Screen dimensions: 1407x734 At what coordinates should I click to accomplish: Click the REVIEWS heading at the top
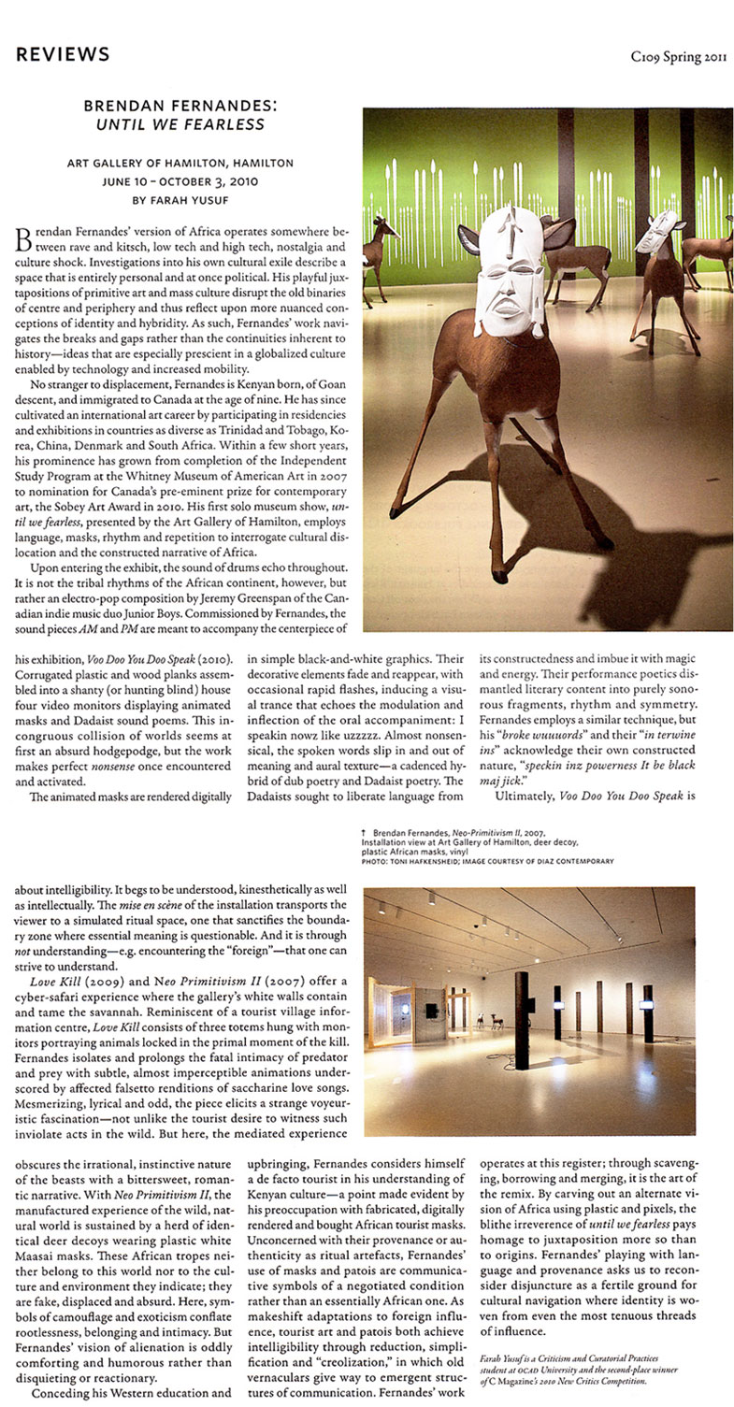tap(63, 54)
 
